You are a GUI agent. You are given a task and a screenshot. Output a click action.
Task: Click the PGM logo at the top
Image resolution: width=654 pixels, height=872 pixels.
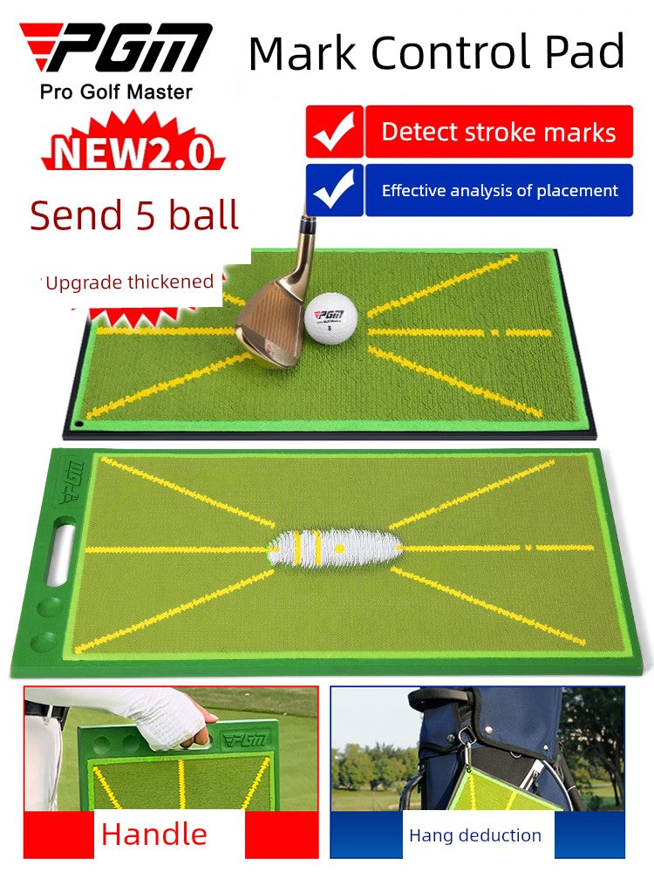tap(116, 47)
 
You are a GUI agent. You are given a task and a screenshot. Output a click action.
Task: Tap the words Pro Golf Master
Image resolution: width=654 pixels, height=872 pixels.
tap(116, 92)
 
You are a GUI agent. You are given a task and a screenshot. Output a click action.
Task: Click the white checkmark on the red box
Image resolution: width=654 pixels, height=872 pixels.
tap(334, 132)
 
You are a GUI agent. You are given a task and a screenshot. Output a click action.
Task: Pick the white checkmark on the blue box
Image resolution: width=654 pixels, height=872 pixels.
tap(334, 189)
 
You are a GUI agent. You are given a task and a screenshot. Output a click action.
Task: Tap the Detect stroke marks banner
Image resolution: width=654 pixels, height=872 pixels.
tap(499, 132)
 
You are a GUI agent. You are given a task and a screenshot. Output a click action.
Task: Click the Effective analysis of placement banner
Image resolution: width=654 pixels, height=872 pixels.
tap(499, 190)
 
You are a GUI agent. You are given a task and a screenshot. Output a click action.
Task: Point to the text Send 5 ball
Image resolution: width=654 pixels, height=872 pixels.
tap(134, 215)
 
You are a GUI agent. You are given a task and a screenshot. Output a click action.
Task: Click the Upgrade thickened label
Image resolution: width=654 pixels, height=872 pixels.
tap(130, 282)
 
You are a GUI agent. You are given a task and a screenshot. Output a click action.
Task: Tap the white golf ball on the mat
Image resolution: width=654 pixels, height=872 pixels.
tap(330, 318)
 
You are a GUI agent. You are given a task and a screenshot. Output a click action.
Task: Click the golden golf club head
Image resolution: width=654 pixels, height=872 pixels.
tap(270, 321)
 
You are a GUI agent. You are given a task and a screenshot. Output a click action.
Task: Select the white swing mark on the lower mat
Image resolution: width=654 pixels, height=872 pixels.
tap(336, 548)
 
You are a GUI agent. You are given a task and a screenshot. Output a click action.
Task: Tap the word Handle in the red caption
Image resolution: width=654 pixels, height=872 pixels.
tap(154, 835)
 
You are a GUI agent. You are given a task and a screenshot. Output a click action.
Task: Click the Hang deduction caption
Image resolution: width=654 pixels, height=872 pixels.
tap(475, 835)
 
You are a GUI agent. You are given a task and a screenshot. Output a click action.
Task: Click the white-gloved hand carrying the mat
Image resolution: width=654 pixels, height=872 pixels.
tap(167, 717)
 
